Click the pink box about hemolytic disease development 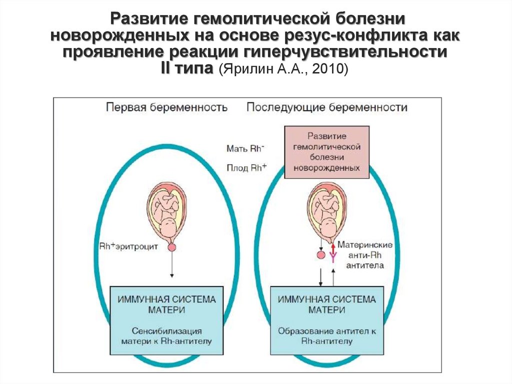327,152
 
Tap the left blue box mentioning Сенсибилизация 166,320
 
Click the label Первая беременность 166,107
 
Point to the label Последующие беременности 327,107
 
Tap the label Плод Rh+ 245,168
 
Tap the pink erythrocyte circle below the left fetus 172,247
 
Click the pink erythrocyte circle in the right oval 321,255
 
